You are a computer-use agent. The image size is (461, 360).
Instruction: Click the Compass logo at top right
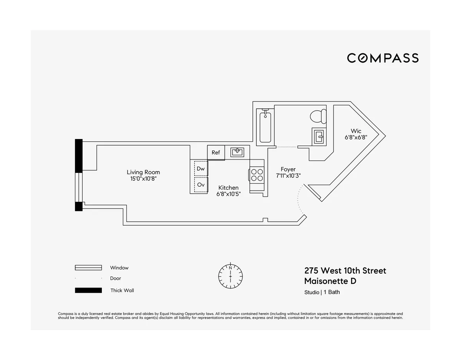(x=383, y=58)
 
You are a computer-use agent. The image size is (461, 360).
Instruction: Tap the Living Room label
(x=143, y=172)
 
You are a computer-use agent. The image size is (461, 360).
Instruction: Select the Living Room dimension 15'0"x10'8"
(x=143, y=179)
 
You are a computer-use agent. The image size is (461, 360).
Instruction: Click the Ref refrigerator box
(x=216, y=153)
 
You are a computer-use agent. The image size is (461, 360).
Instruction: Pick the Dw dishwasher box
(x=201, y=168)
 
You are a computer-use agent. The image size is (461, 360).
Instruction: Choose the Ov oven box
(x=201, y=184)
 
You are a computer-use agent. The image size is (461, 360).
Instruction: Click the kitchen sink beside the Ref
(x=237, y=152)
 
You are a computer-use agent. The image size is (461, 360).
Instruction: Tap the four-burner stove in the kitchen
(x=257, y=175)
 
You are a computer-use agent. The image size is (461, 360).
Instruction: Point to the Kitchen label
(x=228, y=187)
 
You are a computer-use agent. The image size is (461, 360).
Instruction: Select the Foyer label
(x=288, y=169)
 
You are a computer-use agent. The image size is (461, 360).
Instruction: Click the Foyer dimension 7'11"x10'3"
(x=288, y=176)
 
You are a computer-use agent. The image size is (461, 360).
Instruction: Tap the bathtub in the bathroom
(x=265, y=126)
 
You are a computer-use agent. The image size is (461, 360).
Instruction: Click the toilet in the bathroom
(x=318, y=116)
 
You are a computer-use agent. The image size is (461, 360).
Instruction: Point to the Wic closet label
(x=356, y=131)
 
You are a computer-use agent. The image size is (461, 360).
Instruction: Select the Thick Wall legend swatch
(x=88, y=290)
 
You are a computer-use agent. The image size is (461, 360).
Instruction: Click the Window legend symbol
(x=88, y=268)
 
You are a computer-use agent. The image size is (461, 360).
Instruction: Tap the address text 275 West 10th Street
(x=345, y=270)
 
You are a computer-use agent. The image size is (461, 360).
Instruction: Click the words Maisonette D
(x=330, y=281)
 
